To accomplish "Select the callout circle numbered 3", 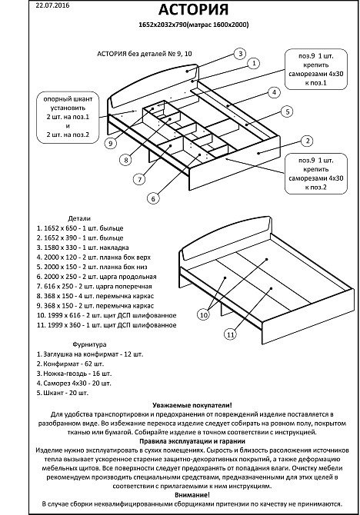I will coord(240,54).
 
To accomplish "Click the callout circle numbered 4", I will coord(272,93).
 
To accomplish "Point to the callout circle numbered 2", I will coord(305,141).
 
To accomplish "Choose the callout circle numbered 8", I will coord(125,160).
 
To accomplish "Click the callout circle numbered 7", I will coord(139,180).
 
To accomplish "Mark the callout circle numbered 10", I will coord(204,314).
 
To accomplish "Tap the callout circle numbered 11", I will coord(229,334).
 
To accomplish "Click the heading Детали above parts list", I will coord(79,218).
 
